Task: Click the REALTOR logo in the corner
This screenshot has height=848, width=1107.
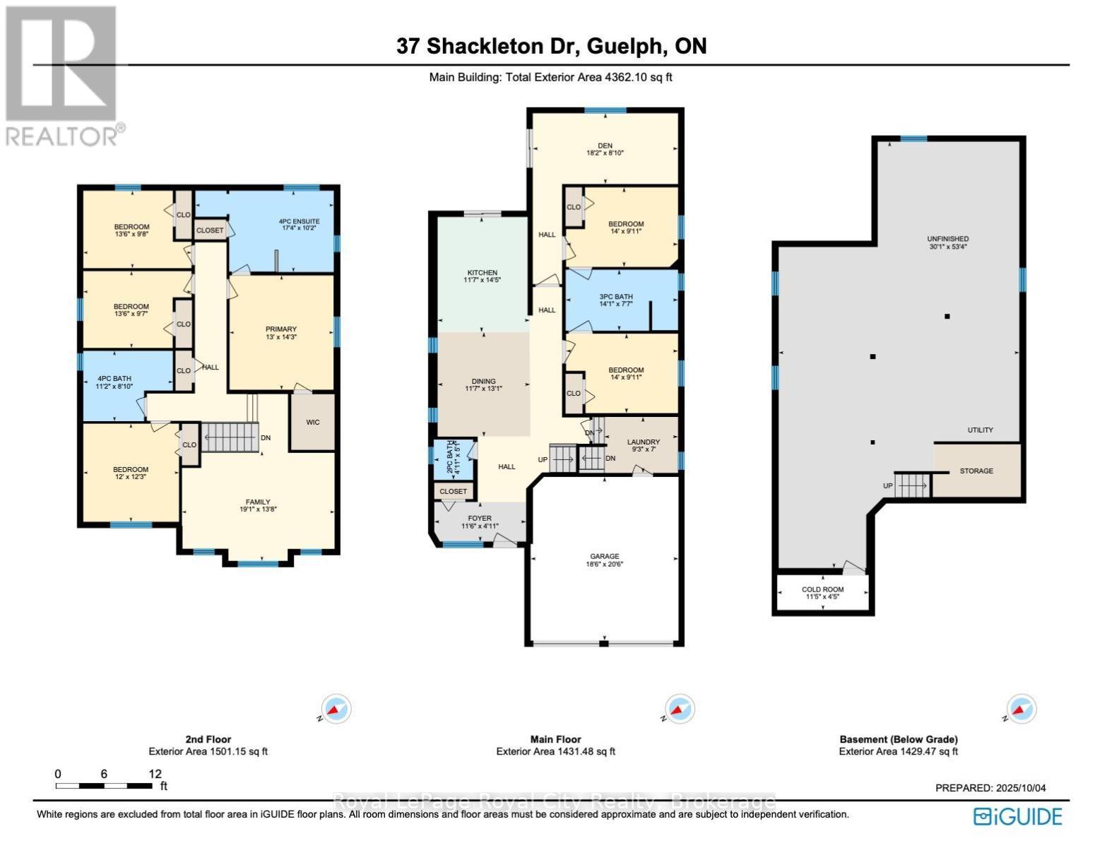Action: point(61,75)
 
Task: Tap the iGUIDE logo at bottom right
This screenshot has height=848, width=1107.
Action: point(1017,816)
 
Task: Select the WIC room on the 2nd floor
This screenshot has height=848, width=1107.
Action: point(312,423)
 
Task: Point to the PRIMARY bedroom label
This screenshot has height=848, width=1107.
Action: point(280,329)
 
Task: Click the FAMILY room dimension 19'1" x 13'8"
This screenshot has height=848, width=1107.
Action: point(258,508)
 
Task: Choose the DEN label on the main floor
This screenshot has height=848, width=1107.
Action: point(605,146)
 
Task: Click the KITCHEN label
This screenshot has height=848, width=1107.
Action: point(483,273)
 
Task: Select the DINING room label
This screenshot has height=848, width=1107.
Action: point(484,382)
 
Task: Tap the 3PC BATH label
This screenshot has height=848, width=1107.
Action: point(616,298)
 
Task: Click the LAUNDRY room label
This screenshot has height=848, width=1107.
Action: point(644,442)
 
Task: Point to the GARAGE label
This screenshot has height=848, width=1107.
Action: point(605,557)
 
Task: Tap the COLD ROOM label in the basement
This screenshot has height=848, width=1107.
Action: point(822,589)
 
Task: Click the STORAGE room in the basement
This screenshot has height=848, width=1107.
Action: point(976,471)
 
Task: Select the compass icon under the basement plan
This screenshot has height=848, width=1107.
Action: point(1021,709)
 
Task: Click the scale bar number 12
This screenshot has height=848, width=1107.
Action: point(155,774)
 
